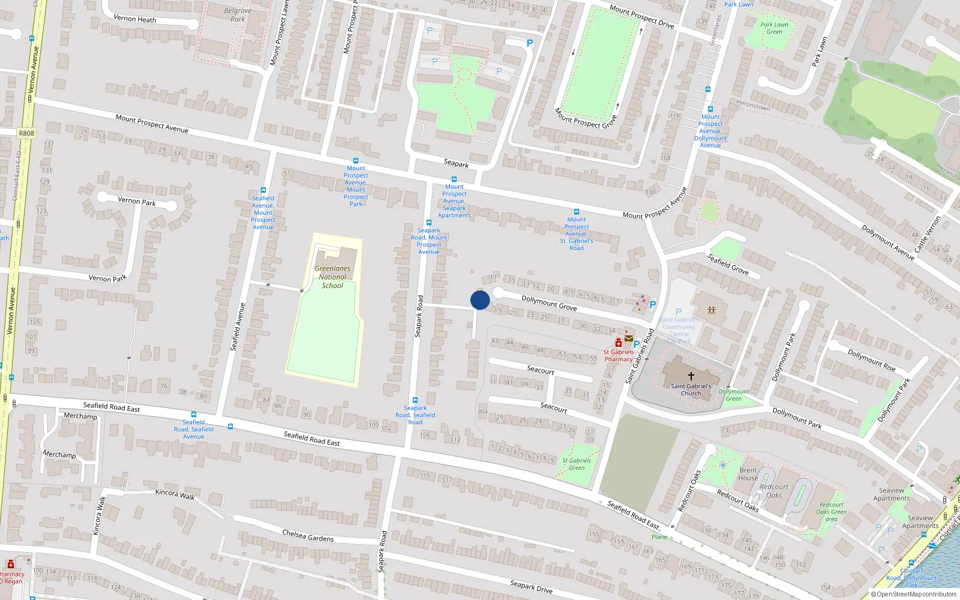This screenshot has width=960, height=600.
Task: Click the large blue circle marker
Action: [480, 300]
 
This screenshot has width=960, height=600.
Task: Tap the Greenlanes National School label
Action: [332, 277]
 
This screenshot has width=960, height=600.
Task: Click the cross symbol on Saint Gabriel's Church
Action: [691, 376]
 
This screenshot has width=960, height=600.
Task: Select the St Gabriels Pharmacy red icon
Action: [619, 343]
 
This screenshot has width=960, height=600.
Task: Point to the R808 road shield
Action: [26, 133]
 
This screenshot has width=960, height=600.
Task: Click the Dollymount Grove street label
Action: [548, 303]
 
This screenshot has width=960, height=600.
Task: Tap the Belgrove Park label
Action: [238, 15]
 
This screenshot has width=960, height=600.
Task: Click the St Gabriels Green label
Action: [576, 464]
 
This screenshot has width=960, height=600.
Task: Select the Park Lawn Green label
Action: [774, 28]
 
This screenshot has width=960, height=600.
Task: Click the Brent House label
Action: [748, 474]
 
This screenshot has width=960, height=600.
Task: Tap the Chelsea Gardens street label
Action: [308, 535]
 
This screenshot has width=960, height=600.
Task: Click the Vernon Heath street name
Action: [134, 19]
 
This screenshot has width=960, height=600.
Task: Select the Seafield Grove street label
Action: [728, 264]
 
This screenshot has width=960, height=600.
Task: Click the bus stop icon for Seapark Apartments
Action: [454, 179]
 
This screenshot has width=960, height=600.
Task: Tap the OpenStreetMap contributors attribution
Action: [913, 594]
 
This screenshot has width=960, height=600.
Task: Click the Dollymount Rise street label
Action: [871, 360]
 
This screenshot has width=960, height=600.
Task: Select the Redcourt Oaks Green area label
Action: [831, 512]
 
